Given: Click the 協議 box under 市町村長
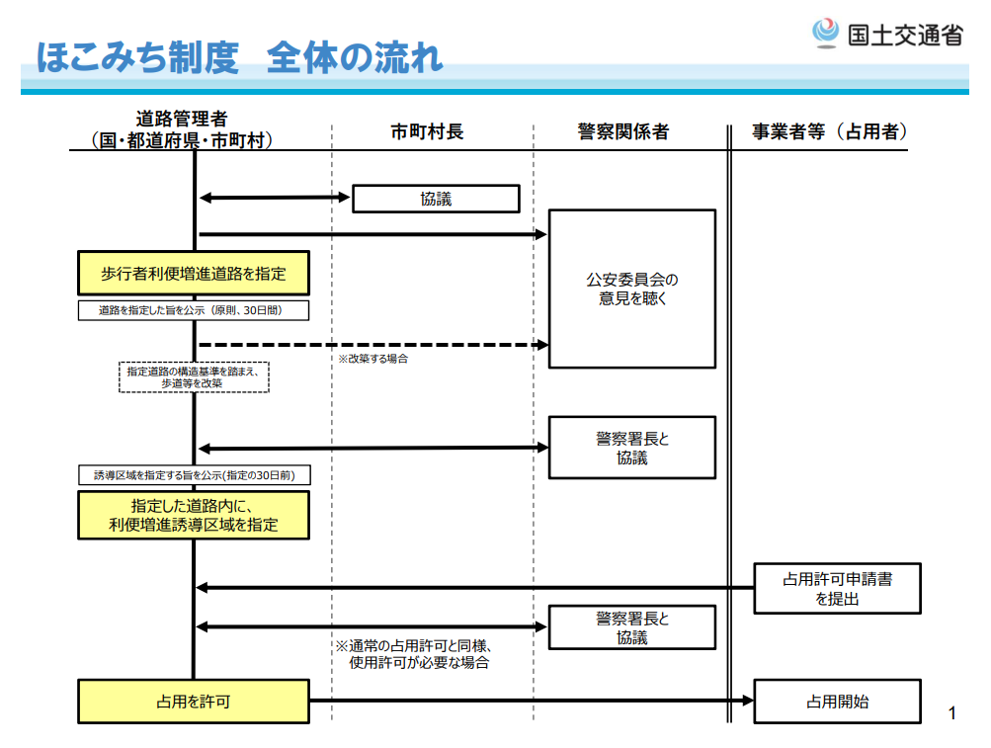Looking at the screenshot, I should click(x=436, y=199).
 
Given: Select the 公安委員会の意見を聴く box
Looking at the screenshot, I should click(x=632, y=289).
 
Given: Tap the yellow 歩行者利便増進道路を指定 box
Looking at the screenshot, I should click(x=194, y=274).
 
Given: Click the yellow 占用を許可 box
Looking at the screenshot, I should click(x=194, y=702).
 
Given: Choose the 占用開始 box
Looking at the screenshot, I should click(x=838, y=702).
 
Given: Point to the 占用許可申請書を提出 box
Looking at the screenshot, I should click(x=838, y=588).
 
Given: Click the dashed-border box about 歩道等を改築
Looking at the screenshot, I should click(x=194, y=376).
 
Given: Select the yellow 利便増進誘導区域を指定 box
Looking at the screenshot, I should click(x=194, y=516).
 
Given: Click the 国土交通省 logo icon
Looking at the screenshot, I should click(x=825, y=34).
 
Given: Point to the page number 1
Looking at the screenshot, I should click(x=952, y=712).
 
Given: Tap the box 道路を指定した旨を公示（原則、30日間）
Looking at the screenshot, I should click(x=194, y=310).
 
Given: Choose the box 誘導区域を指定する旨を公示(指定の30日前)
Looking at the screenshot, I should click(x=194, y=475).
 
